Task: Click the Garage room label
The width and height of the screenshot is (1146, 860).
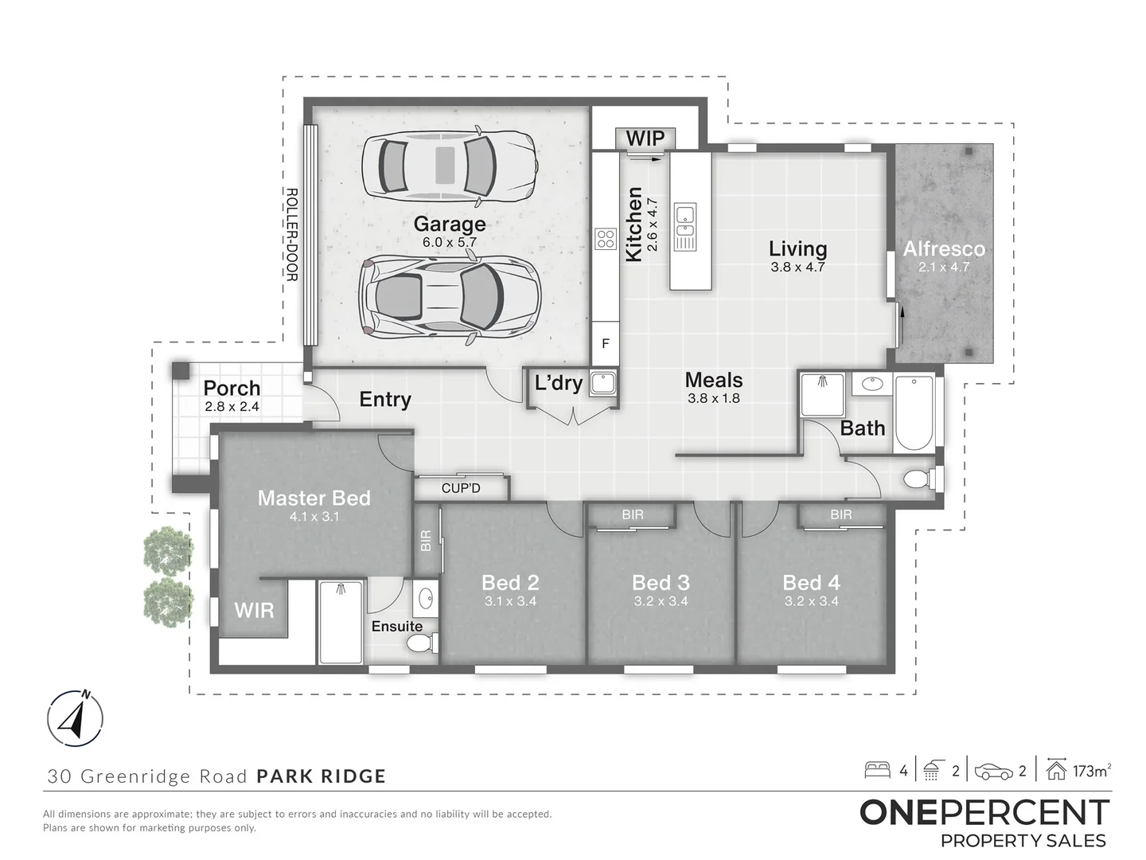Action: (450, 224)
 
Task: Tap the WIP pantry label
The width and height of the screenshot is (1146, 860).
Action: (645, 139)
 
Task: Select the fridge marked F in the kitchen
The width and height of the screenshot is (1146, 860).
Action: (606, 343)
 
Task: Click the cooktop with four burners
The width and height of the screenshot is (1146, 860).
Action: (606, 239)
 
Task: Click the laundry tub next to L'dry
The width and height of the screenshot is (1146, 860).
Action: (603, 383)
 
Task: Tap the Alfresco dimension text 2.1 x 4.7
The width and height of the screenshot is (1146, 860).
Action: (944, 268)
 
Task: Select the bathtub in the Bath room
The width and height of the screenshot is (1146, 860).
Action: (914, 412)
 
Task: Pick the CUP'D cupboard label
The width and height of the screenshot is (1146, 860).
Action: (461, 488)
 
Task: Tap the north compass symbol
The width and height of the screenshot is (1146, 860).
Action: (75, 718)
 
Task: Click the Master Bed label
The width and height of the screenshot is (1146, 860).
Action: (314, 498)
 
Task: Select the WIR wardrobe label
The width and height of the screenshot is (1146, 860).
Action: (254, 611)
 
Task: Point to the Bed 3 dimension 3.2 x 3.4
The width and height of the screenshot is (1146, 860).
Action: (661, 601)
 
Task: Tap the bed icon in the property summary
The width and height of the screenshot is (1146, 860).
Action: (877, 771)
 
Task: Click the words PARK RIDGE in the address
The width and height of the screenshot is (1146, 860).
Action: (321, 776)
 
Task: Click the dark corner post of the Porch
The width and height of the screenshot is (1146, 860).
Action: (181, 371)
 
